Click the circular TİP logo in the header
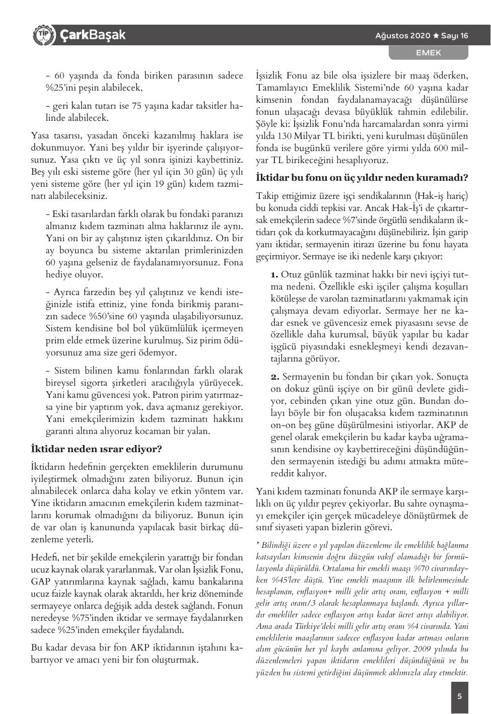(43, 35)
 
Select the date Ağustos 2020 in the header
(403, 36)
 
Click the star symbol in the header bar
(436, 36)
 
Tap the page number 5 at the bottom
(459, 697)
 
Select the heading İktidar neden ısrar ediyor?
(96, 448)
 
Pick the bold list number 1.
(274, 274)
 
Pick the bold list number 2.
(275, 377)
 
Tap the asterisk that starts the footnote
(258, 544)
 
